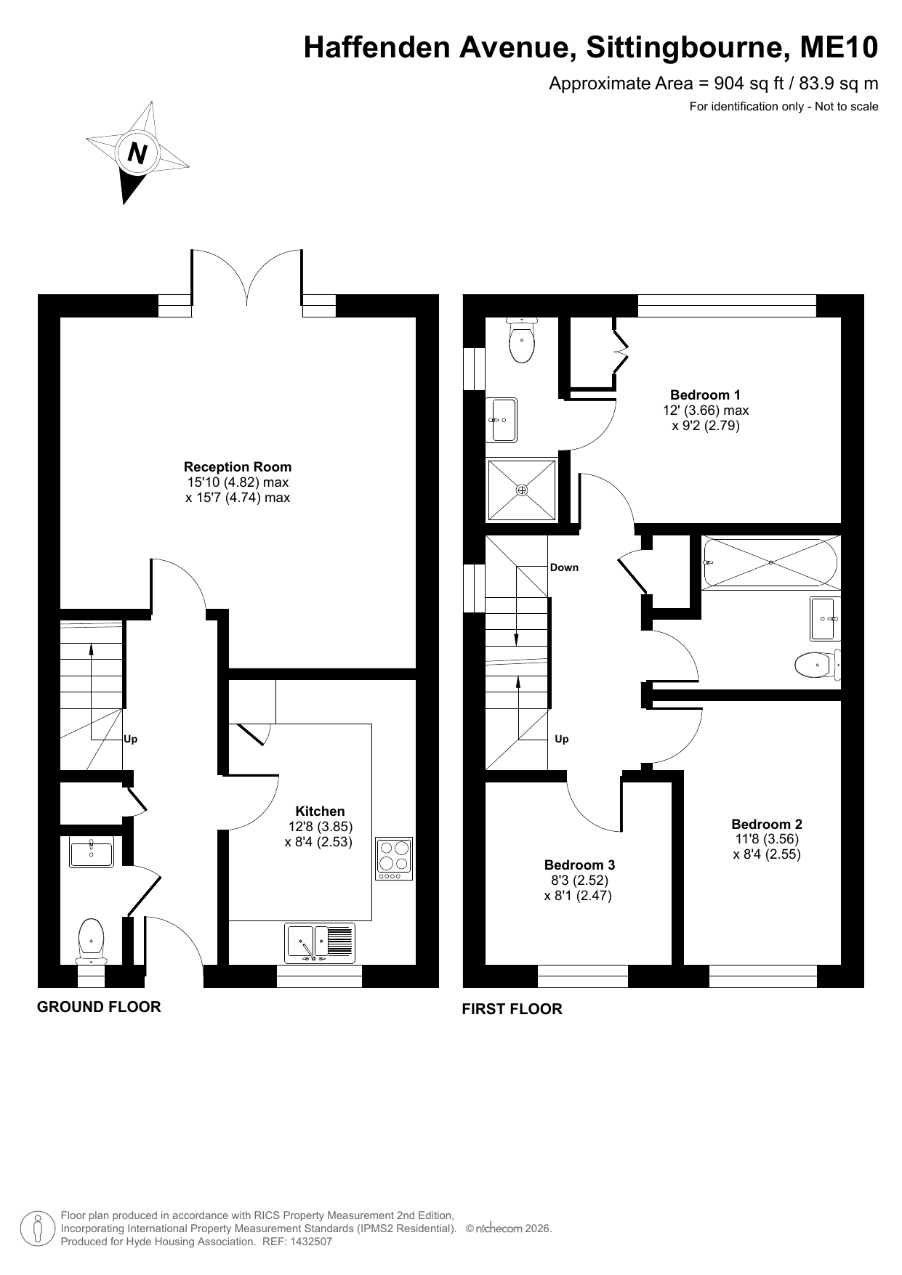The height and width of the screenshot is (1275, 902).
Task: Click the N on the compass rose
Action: click(x=137, y=153)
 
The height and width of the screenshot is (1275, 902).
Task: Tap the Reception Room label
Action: click(x=238, y=467)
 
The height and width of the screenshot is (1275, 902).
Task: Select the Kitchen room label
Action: click(x=320, y=811)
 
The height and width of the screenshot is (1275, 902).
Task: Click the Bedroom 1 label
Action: click(x=705, y=395)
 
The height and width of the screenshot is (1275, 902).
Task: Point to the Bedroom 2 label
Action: click(x=767, y=824)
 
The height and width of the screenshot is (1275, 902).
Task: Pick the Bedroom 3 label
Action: click(x=579, y=865)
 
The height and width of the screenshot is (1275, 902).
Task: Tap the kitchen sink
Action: click(x=321, y=942)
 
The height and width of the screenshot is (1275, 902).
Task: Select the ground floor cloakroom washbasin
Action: click(x=92, y=852)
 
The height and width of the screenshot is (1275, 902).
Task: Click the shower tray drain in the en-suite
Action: click(x=522, y=490)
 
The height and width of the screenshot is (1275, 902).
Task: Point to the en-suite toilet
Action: click(x=522, y=340)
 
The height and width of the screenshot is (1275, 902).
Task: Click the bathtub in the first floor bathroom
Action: click(x=770, y=562)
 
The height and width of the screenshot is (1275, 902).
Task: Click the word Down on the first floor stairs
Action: click(x=564, y=567)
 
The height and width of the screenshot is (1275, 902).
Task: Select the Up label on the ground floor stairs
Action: click(x=131, y=740)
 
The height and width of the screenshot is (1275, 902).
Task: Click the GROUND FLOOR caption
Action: click(x=99, y=1007)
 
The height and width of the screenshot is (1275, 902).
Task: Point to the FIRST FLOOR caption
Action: click(x=512, y=1009)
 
